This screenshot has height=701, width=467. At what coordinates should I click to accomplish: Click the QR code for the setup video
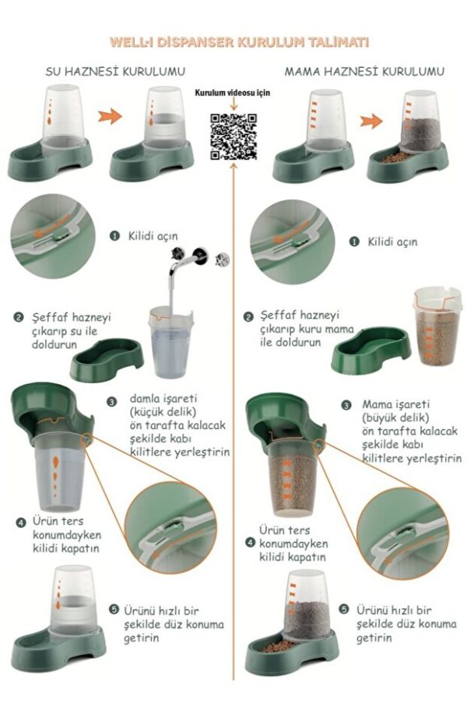[x=233, y=137]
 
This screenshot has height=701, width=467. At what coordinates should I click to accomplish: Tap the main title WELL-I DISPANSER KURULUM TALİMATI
[x=239, y=43]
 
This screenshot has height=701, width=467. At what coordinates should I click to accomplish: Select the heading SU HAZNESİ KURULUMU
[x=115, y=72]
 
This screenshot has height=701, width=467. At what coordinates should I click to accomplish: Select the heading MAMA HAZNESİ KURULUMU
[x=364, y=72]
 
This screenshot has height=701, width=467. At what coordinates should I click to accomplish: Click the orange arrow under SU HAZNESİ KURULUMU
[x=110, y=116]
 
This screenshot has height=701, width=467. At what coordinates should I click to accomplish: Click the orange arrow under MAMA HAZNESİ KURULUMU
[x=371, y=121]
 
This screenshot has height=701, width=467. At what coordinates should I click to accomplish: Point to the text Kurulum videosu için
[x=233, y=93]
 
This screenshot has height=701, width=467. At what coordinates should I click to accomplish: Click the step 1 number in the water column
[x=114, y=235]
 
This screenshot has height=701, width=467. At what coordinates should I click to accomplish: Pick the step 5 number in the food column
[x=344, y=609]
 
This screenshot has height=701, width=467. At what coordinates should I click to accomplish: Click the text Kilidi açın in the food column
[x=392, y=242]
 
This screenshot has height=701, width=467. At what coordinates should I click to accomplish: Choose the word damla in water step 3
[x=144, y=398]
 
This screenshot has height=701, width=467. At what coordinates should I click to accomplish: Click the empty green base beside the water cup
[x=107, y=360]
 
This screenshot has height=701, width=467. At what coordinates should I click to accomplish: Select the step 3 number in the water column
[x=111, y=401]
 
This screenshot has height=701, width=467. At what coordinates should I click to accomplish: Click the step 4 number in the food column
[x=251, y=543]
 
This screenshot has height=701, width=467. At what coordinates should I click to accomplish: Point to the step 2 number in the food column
[x=248, y=317]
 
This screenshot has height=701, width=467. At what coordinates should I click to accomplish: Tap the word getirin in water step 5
[x=141, y=637]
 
